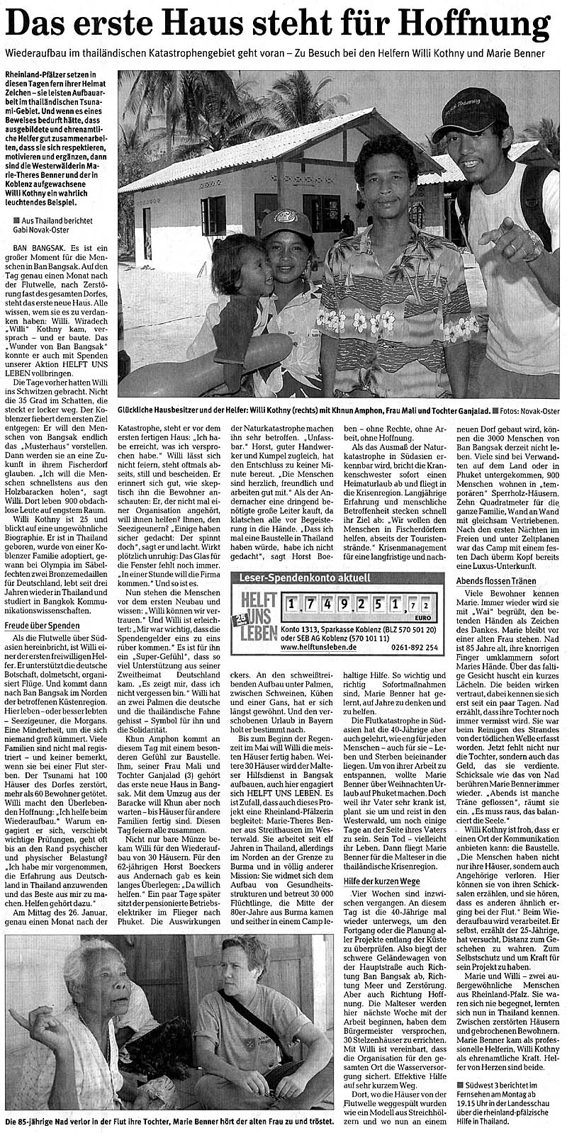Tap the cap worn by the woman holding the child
pyautogui.click(x=285, y=223)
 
